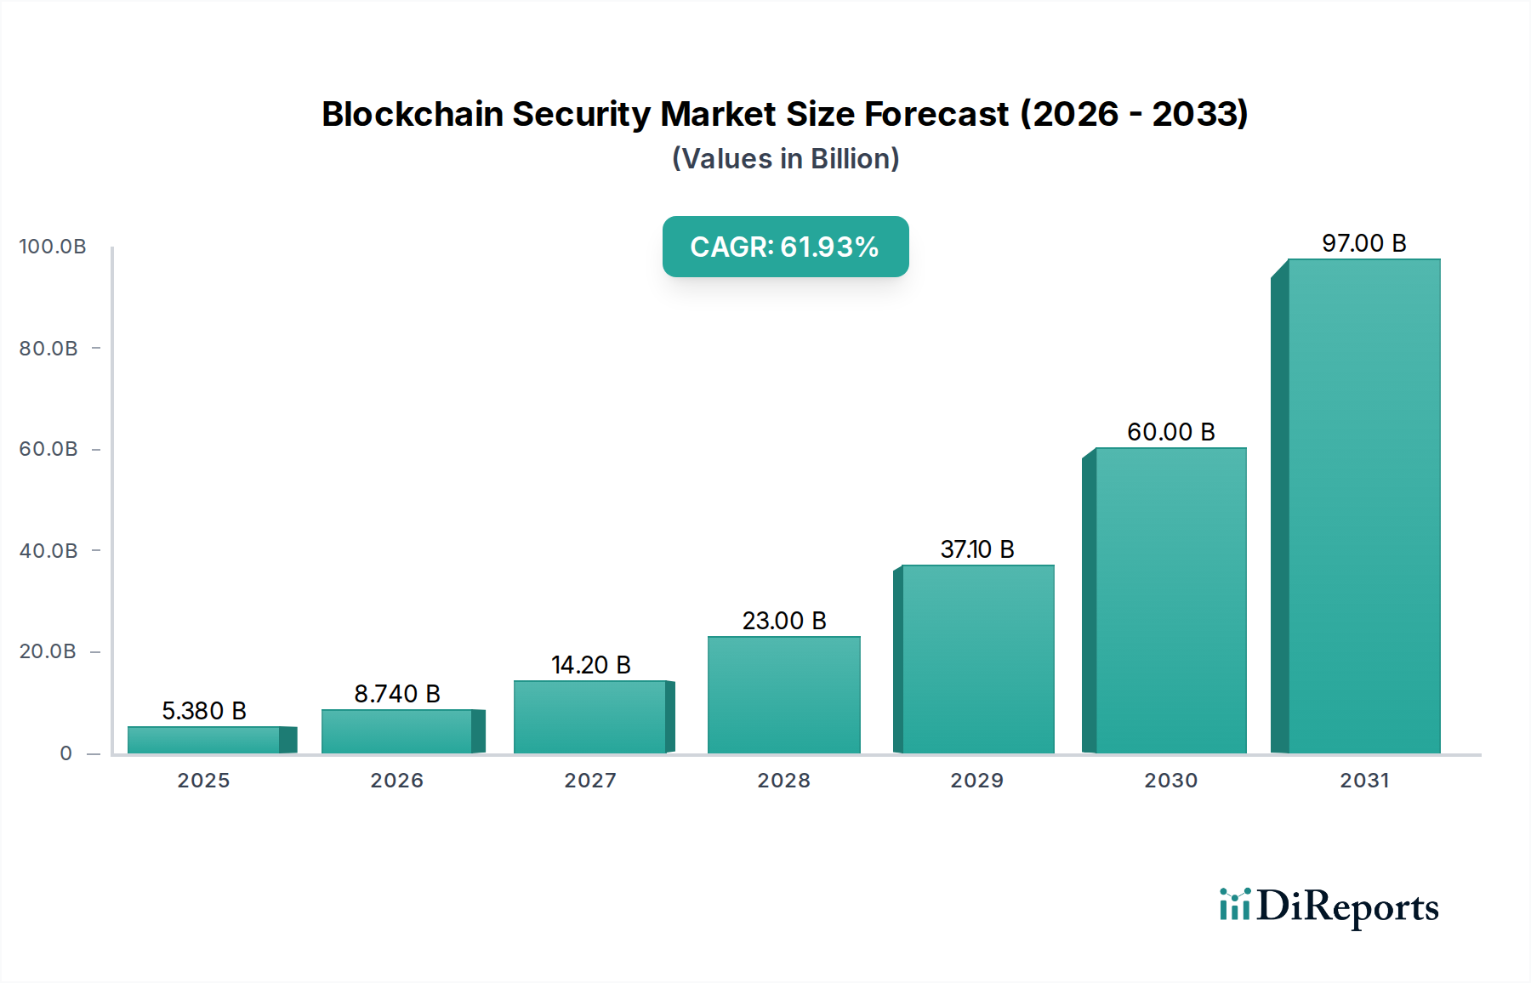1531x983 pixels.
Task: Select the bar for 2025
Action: click(x=204, y=740)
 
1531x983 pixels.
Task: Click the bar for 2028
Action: click(x=783, y=695)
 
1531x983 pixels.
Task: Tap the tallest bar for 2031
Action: click(x=1363, y=506)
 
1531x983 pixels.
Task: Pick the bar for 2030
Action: click(x=1170, y=600)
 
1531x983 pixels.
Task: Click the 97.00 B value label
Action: click(x=1363, y=243)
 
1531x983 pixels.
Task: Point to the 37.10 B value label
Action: click(x=976, y=549)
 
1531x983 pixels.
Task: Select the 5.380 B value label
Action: click(x=204, y=711)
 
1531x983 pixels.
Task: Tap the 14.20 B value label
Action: click(x=590, y=665)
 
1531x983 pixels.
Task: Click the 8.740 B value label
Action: click(x=397, y=694)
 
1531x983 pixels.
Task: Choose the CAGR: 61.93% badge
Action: click(x=785, y=247)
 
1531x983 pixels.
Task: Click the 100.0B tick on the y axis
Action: click(x=53, y=247)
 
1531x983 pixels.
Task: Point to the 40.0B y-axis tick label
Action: click(x=48, y=551)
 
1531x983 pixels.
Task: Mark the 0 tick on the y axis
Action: click(x=66, y=753)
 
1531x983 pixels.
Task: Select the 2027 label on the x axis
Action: click(x=590, y=781)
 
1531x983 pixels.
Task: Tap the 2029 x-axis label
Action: click(x=976, y=781)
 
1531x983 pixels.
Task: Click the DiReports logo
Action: click(x=1329, y=906)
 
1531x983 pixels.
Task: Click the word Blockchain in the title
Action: click(x=412, y=114)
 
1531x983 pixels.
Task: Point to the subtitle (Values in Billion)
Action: click(x=785, y=159)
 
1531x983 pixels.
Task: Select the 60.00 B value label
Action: click(x=1170, y=432)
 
